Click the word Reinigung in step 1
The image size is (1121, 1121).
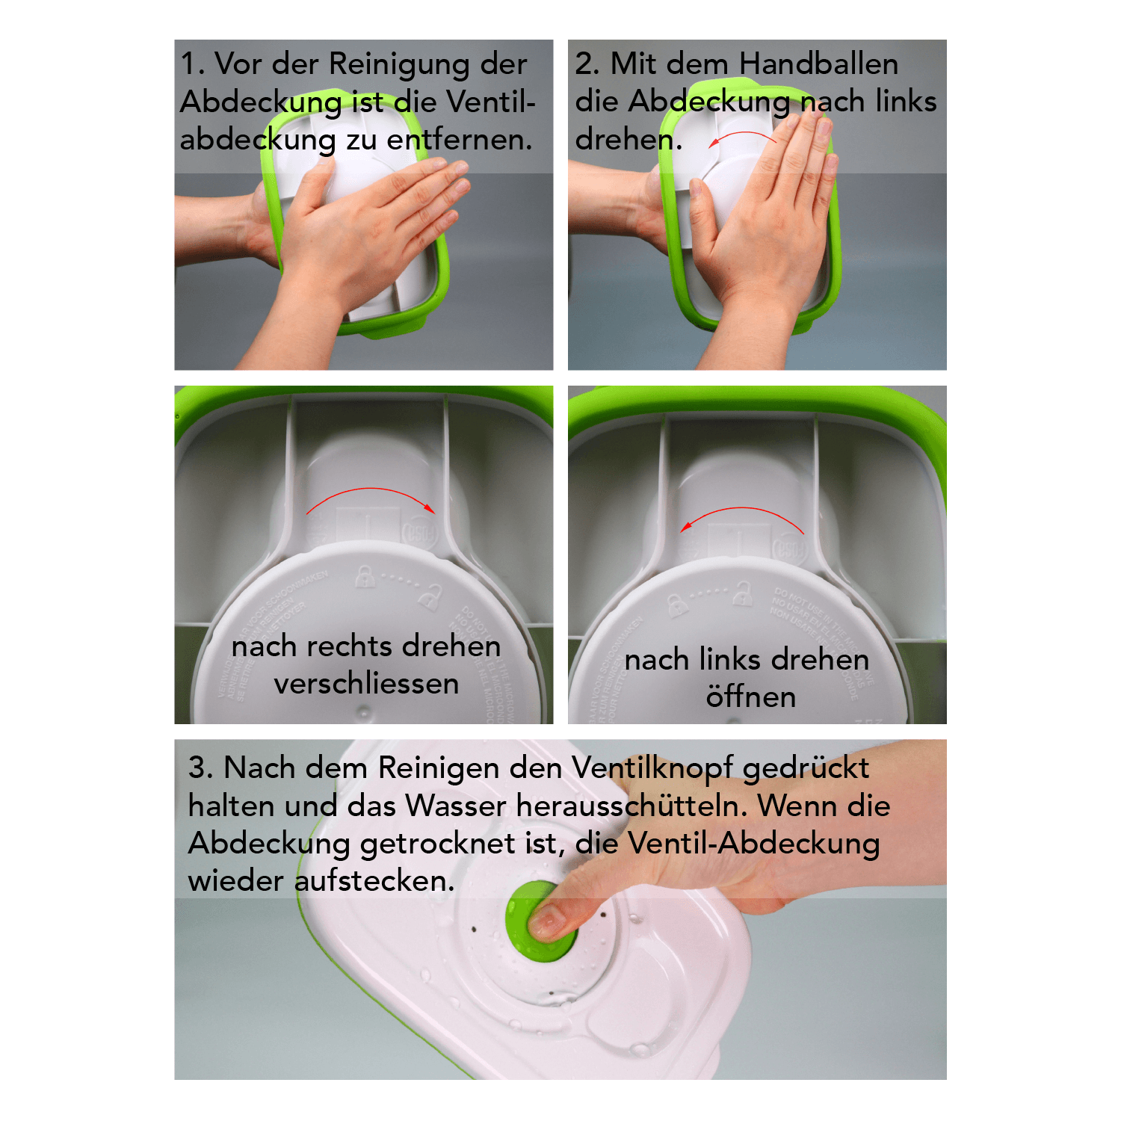pyautogui.click(x=400, y=65)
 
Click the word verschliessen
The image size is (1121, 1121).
pyautogui.click(x=366, y=684)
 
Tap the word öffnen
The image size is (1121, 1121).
pyautogui.click(x=750, y=697)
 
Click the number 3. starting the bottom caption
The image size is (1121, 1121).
pyautogui.click(x=201, y=768)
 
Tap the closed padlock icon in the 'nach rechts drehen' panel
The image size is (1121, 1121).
pyautogui.click(x=364, y=576)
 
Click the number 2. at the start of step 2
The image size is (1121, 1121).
pyautogui.click(x=587, y=64)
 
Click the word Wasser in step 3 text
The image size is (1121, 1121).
pyautogui.click(x=456, y=806)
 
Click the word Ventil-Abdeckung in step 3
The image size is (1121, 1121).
pyautogui.click(x=753, y=844)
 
